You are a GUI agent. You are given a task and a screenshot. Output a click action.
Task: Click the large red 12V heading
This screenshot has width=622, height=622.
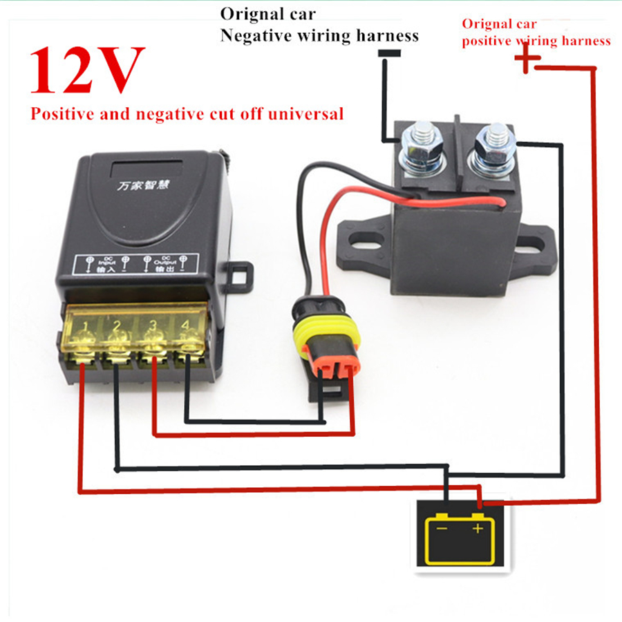point(87,70)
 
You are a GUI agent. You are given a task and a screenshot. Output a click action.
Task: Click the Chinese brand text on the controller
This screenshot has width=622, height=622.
point(142,186)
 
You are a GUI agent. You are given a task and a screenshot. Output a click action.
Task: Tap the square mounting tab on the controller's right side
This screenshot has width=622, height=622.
point(241,277)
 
